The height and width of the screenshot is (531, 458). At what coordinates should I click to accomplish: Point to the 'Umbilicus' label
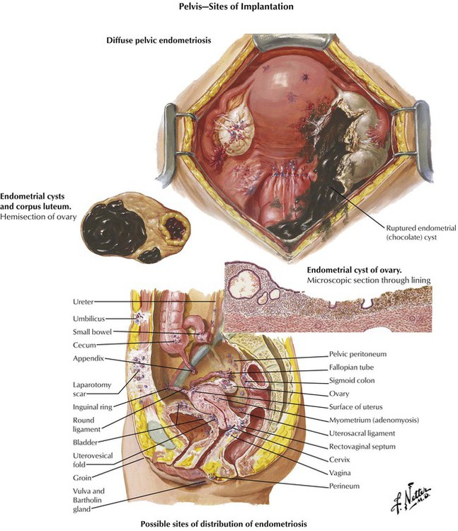(x=89, y=319)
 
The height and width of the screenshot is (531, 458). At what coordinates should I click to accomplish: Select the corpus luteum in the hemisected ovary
(x=173, y=227)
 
